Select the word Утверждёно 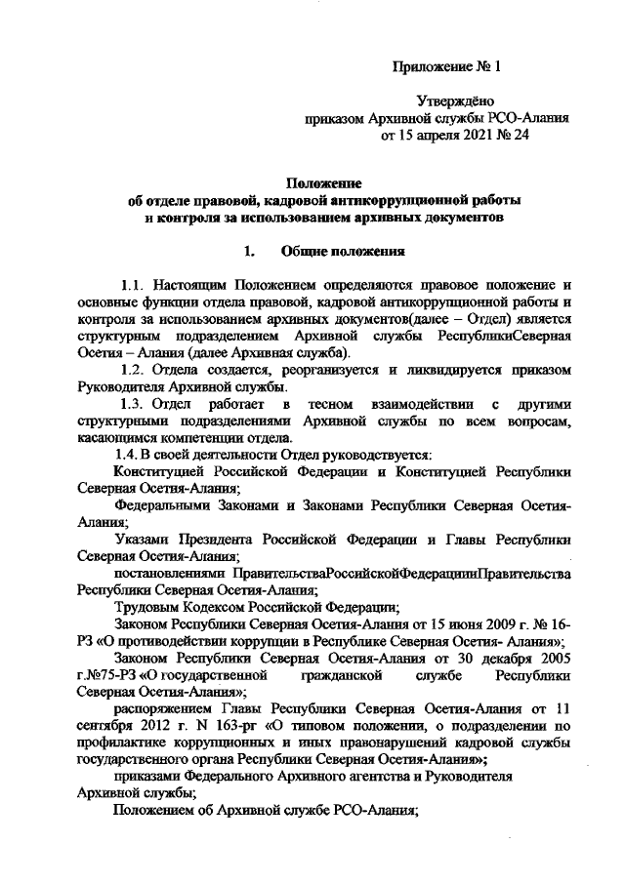click(x=456, y=100)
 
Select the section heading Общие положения click(x=342, y=251)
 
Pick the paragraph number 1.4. click(x=125, y=453)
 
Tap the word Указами click(x=140, y=538)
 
